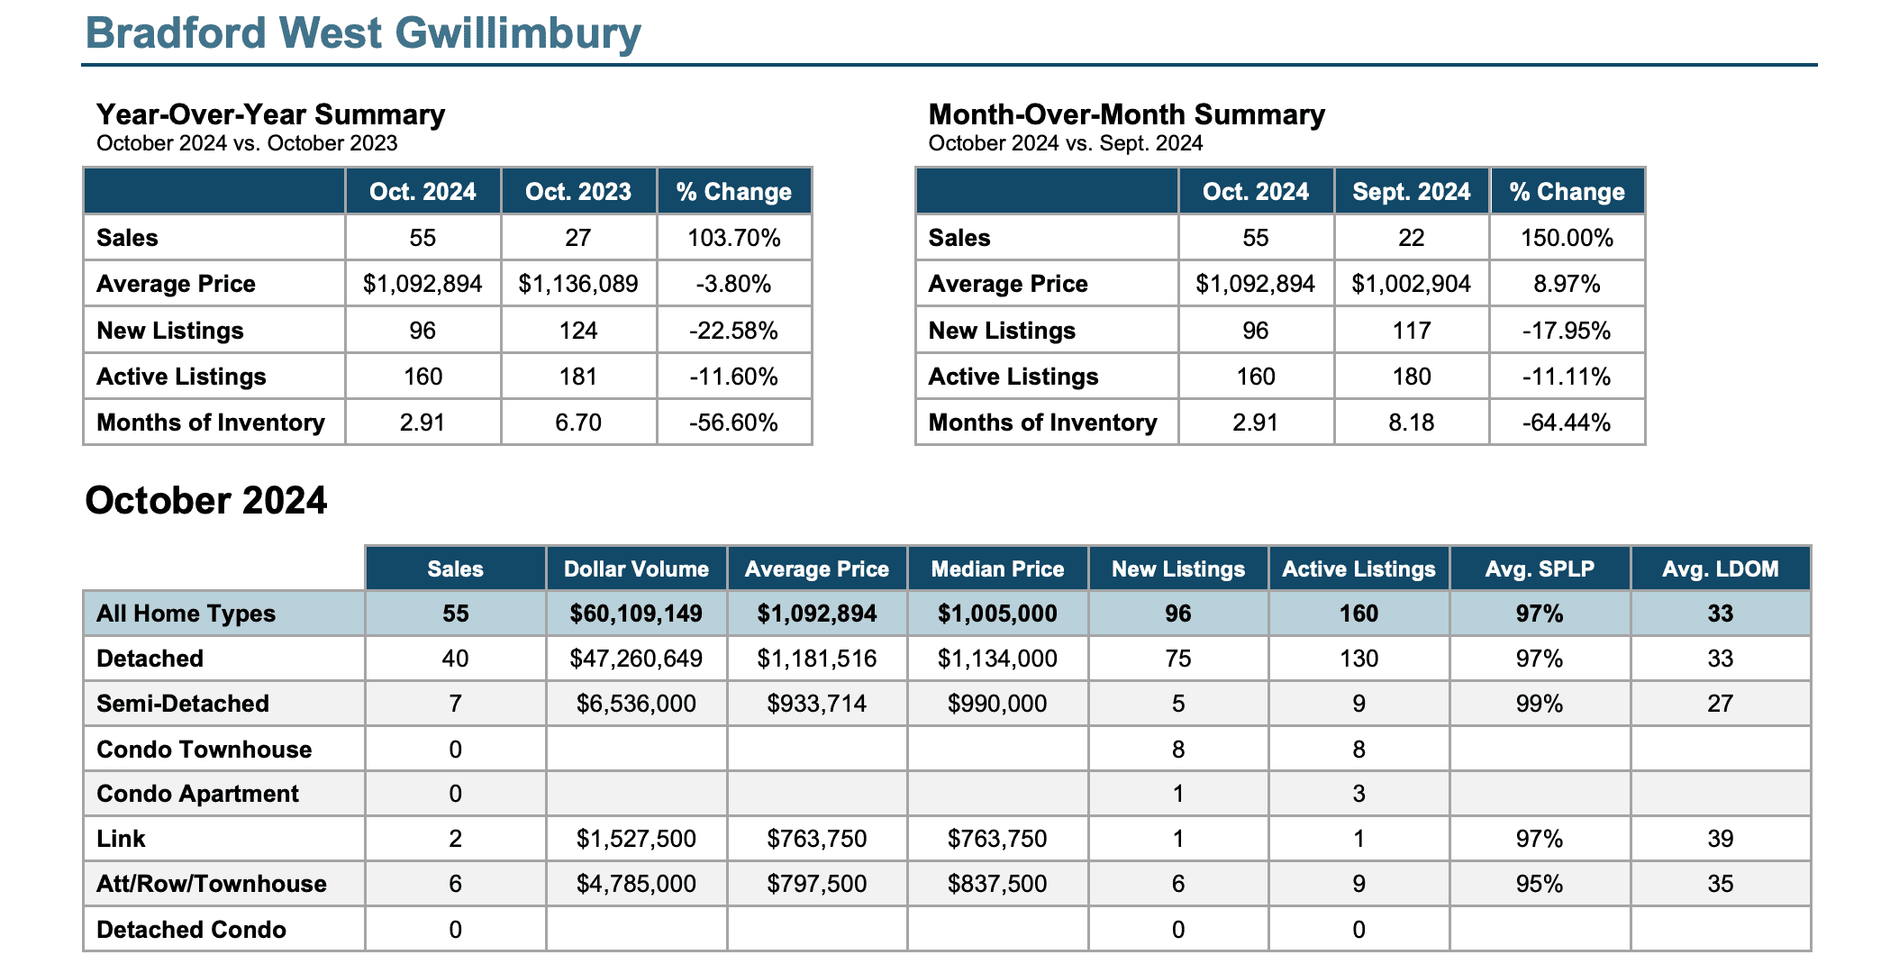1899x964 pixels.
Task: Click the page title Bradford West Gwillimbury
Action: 363,34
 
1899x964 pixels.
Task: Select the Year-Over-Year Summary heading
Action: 270,114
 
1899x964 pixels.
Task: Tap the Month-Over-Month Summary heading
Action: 1126,114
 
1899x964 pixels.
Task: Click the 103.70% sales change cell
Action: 734,238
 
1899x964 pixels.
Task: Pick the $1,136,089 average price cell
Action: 578,284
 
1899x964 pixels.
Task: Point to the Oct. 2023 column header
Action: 578,192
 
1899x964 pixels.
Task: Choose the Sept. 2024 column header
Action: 1412,192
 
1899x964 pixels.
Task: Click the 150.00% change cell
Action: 1567,238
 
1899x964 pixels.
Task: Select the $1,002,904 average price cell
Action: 1412,284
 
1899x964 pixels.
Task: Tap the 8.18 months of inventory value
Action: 1412,423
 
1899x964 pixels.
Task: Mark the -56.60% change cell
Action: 734,423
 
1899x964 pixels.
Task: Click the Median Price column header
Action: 997,569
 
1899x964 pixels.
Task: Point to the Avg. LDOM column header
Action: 1721,569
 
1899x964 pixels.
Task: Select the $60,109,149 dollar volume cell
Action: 636,614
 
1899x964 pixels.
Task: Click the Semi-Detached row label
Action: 183,704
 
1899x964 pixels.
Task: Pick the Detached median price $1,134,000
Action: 997,659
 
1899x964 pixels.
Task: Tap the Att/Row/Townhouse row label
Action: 212,884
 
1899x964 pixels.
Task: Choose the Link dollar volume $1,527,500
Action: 636,839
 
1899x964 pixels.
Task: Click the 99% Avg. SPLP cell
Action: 1540,704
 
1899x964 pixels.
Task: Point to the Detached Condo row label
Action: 191,930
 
